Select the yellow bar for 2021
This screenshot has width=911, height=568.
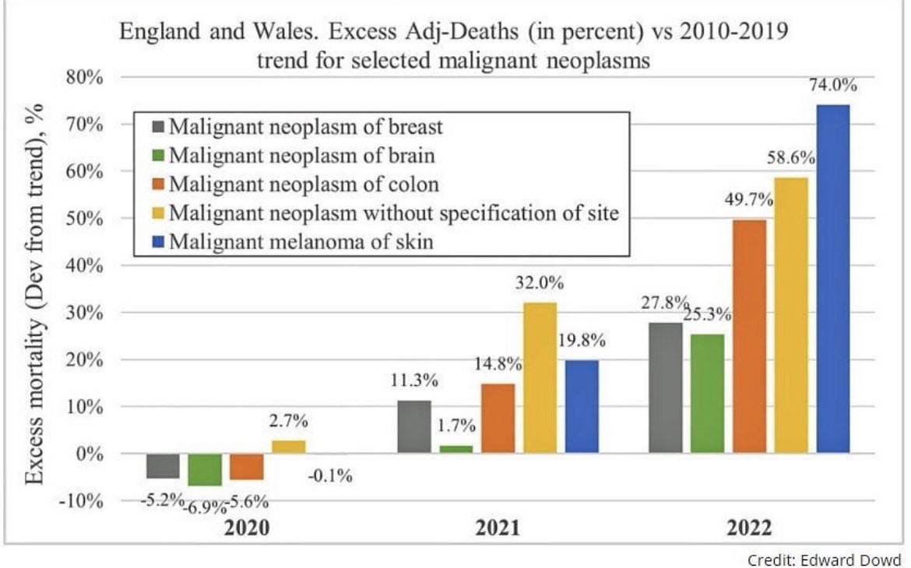click(540, 377)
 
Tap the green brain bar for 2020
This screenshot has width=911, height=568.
click(204, 469)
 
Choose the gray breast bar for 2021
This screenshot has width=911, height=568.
click(413, 426)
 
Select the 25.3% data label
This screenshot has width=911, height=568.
click(707, 315)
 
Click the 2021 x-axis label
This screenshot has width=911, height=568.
click(498, 529)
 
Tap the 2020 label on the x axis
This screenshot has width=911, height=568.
click(247, 529)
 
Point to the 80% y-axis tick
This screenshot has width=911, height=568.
click(82, 78)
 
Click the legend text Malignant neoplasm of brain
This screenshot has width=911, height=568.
click(301, 155)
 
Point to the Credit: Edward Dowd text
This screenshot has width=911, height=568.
click(824, 559)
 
